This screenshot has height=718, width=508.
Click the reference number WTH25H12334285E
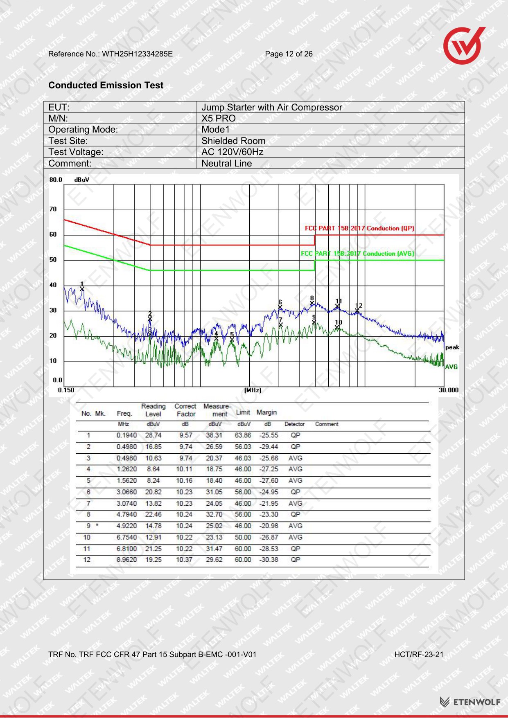point(137,54)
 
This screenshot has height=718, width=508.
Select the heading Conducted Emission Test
point(106,85)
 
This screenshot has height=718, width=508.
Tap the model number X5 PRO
point(219,119)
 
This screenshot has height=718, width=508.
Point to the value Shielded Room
point(233,141)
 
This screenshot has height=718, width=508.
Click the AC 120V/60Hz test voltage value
point(233,152)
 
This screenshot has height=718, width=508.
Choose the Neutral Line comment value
point(227,164)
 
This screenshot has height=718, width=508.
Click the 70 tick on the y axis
point(53,209)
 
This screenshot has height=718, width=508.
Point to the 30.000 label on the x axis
point(449,390)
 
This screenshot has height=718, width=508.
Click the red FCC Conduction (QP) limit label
point(359,228)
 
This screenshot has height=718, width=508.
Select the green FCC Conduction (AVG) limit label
point(357,254)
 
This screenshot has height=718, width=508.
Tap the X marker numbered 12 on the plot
point(357,311)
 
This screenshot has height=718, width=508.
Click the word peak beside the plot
point(452,348)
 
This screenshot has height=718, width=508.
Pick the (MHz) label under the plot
point(253,390)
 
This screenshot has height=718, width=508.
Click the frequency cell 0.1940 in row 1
point(126,436)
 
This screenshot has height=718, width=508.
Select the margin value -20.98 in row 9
point(269,526)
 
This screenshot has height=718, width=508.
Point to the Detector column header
point(295,424)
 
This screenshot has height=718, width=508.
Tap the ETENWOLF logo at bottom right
point(470,702)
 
